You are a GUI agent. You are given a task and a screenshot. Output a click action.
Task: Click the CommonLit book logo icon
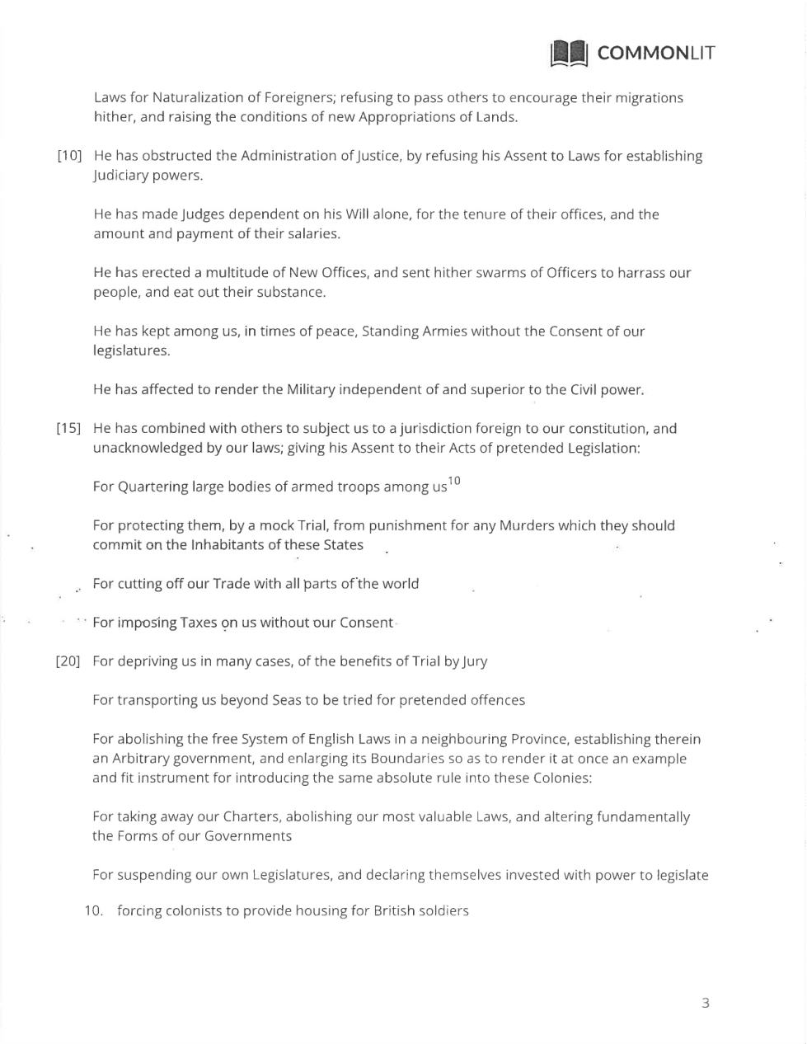click(569, 54)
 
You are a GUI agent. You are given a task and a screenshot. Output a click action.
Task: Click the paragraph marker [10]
click(69, 157)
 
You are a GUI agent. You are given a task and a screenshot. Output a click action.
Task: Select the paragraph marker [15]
click(68, 429)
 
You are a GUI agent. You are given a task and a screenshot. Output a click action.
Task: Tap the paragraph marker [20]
click(68, 661)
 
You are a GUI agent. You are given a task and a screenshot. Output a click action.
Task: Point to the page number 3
click(705, 1003)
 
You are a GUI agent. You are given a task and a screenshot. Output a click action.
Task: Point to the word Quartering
click(152, 487)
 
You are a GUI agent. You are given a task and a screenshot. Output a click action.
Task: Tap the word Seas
click(282, 700)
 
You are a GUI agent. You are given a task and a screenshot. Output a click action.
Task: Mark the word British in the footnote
click(396, 911)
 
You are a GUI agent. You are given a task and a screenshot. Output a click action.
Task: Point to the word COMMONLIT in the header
click(656, 54)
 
